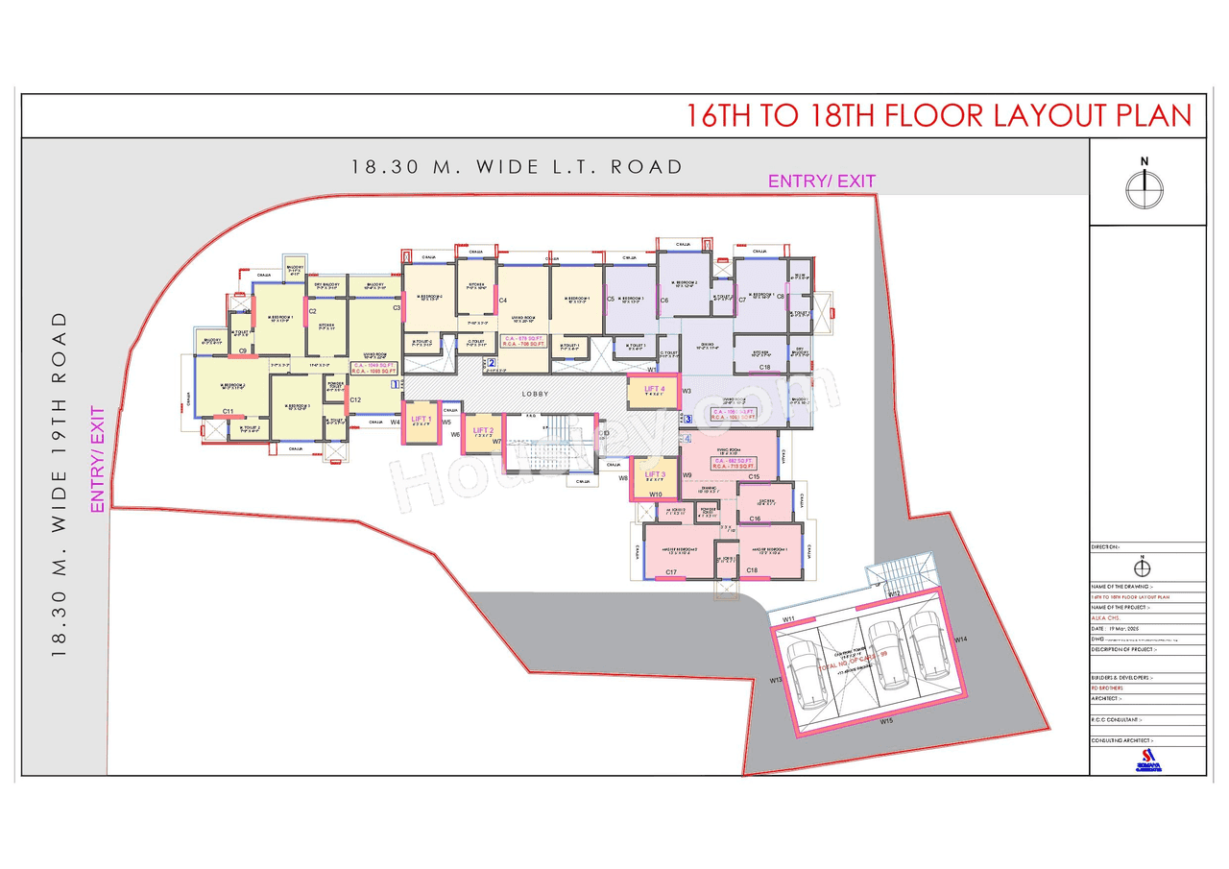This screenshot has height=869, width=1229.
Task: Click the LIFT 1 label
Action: [421, 419]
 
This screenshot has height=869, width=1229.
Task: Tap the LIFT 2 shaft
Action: [483, 432]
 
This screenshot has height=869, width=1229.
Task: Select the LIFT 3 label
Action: [655, 474]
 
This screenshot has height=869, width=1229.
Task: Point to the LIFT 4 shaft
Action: [656, 390]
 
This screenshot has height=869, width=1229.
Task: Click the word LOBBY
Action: [535, 394]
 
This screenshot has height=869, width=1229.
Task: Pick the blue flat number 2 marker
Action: [491, 363]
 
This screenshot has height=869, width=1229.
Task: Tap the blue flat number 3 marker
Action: [687, 419]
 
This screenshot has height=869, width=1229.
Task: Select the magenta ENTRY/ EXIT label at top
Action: [821, 181]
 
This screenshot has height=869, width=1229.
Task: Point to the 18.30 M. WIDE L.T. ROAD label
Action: [517, 166]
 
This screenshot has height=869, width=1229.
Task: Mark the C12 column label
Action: [354, 399]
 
